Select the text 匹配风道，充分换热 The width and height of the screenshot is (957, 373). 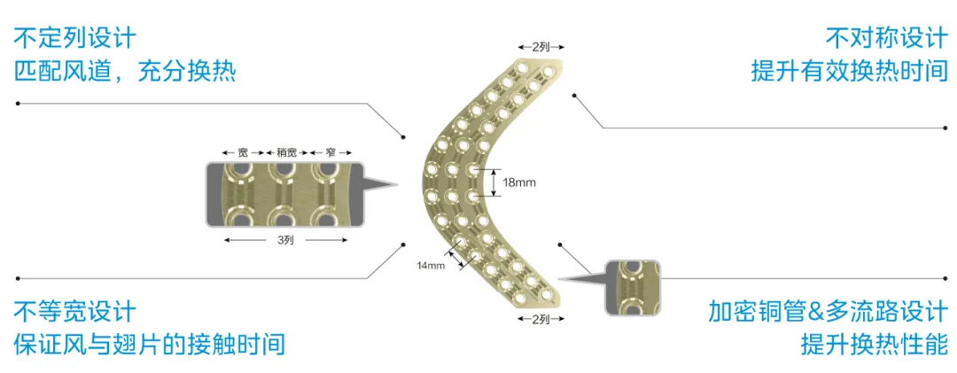coord(125,73)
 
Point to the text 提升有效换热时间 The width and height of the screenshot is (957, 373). coord(849,73)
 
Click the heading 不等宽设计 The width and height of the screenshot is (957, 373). coord(74,312)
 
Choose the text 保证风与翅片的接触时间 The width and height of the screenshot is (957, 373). coord(149,345)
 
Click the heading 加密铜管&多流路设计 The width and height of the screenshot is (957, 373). coord(827,312)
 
